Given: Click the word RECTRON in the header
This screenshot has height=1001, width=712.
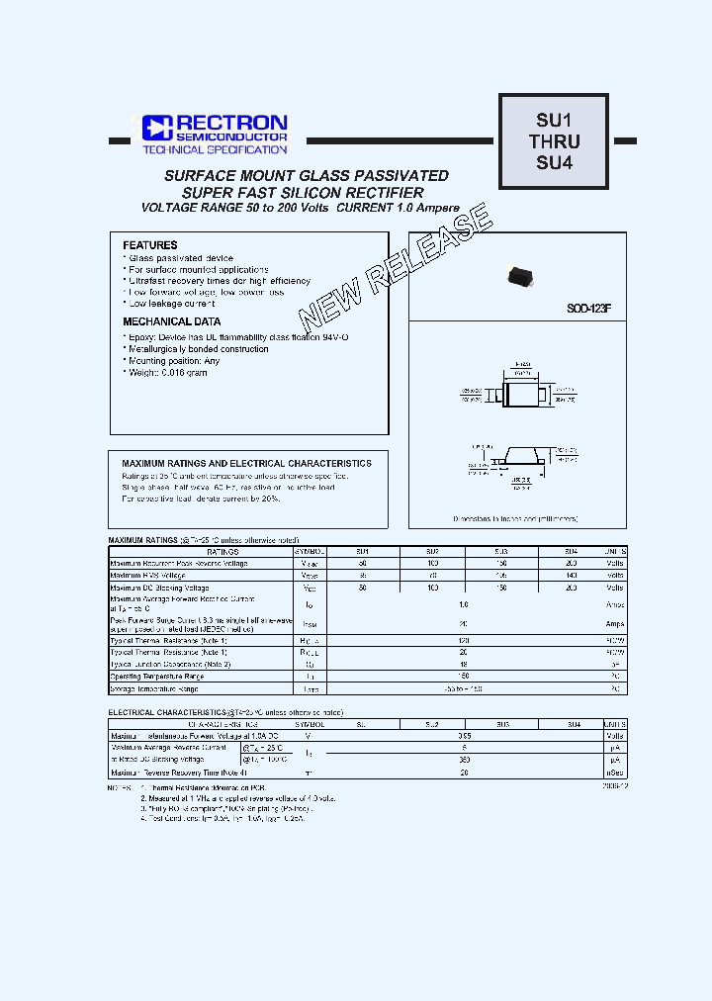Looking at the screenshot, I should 231,122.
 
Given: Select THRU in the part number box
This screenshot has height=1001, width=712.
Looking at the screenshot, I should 554,141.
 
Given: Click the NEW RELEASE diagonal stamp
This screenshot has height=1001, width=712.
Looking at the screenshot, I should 396,267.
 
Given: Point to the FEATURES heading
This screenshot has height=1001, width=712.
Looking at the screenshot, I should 150,245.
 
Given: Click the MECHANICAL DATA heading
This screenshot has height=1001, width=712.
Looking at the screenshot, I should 172,321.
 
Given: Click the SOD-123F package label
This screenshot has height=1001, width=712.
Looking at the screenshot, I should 588,310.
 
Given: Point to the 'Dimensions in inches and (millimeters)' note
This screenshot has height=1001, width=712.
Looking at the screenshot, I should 515,518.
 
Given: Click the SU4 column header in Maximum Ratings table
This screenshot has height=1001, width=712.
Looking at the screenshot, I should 571,551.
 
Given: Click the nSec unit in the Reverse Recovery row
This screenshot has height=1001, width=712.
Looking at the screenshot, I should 615,772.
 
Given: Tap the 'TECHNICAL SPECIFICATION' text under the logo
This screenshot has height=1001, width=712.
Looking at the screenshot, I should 215,149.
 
